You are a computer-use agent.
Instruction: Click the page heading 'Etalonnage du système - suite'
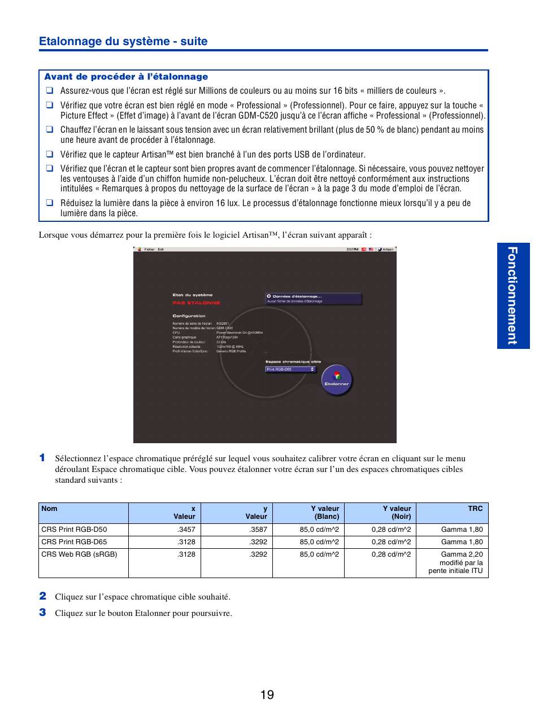click(123, 41)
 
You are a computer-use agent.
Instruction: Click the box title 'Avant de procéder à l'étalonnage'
click(126, 77)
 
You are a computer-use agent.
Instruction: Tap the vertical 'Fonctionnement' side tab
click(512, 295)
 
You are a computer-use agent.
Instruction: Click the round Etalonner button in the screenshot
click(337, 379)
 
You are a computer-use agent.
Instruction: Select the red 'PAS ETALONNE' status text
click(196, 303)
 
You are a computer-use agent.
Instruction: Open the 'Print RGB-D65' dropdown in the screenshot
click(290, 369)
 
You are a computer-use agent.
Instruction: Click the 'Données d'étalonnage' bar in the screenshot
click(313, 298)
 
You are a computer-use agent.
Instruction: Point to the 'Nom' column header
click(50, 509)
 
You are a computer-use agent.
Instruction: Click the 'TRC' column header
click(475, 509)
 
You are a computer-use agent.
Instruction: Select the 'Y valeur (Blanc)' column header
click(325, 512)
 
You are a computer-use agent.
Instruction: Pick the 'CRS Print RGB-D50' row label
click(74, 530)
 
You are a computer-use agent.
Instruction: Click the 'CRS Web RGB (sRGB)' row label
click(79, 554)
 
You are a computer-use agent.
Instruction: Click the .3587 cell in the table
click(258, 530)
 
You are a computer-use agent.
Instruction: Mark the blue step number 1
click(42, 458)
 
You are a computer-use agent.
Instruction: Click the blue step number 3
click(42, 613)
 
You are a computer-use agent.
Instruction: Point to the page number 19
click(267, 695)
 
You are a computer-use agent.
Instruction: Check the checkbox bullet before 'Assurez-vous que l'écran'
click(50, 90)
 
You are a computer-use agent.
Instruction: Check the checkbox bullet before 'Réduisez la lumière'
click(50, 203)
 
